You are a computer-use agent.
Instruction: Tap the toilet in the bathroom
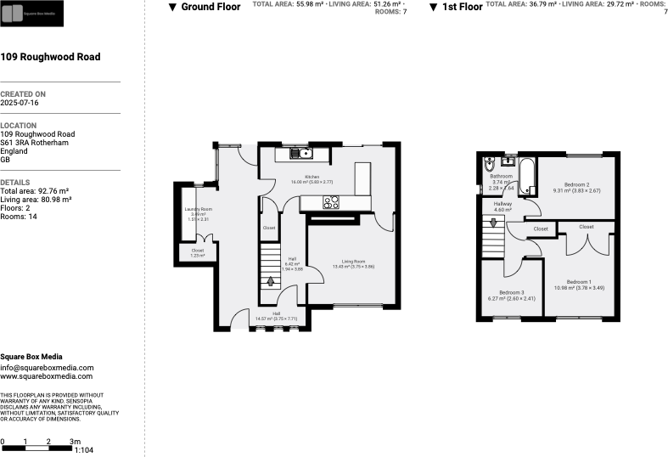489,166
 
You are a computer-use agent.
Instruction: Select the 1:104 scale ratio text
83,449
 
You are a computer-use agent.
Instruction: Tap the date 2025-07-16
20,102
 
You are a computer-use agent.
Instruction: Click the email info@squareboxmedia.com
47,367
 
